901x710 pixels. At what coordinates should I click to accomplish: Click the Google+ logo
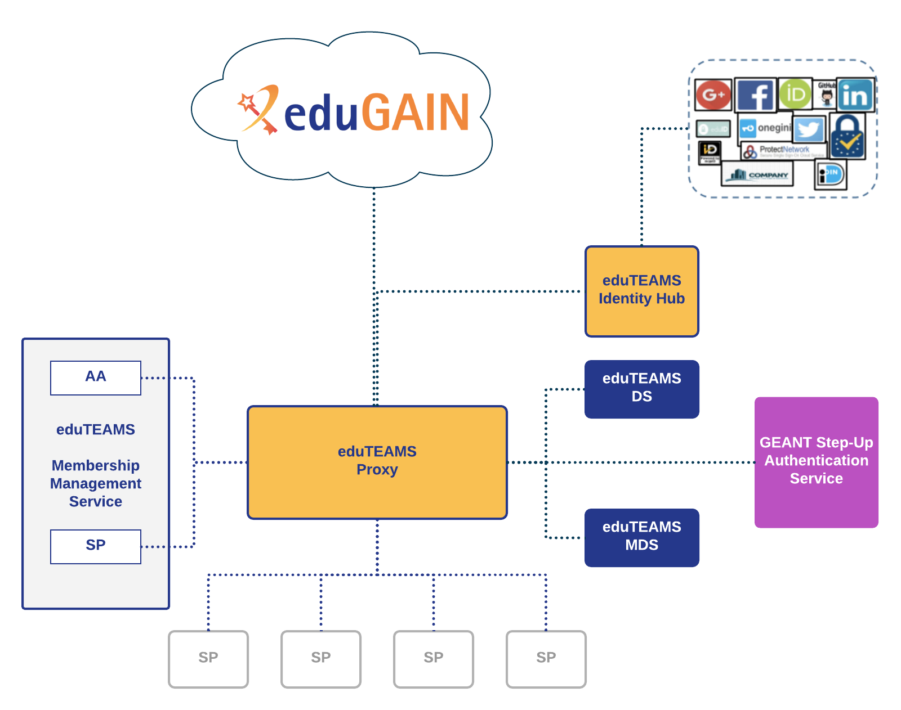[713, 95]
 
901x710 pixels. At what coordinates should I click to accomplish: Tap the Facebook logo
[755, 95]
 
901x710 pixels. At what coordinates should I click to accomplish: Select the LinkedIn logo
[855, 95]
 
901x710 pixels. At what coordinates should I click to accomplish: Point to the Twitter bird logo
[809, 130]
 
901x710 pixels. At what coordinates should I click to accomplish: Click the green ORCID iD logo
[795, 93]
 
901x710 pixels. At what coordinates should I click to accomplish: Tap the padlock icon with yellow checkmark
[848, 137]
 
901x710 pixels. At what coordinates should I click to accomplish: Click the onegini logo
[766, 128]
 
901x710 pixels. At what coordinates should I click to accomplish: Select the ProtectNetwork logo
[783, 151]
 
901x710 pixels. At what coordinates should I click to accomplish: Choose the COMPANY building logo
[757, 174]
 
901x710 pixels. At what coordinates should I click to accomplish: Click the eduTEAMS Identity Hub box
[641, 291]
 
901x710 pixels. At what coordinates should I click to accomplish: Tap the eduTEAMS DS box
[641, 389]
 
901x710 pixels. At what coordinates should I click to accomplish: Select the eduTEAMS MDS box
[641, 537]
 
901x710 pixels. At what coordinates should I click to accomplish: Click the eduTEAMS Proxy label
[377, 461]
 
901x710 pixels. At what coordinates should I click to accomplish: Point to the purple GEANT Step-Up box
[816, 462]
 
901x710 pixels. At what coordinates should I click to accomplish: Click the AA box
[96, 378]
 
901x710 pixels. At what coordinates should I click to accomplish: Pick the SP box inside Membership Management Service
[96, 546]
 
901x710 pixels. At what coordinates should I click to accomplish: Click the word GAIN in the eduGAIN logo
[415, 113]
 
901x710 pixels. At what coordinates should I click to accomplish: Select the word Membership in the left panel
[96, 465]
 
